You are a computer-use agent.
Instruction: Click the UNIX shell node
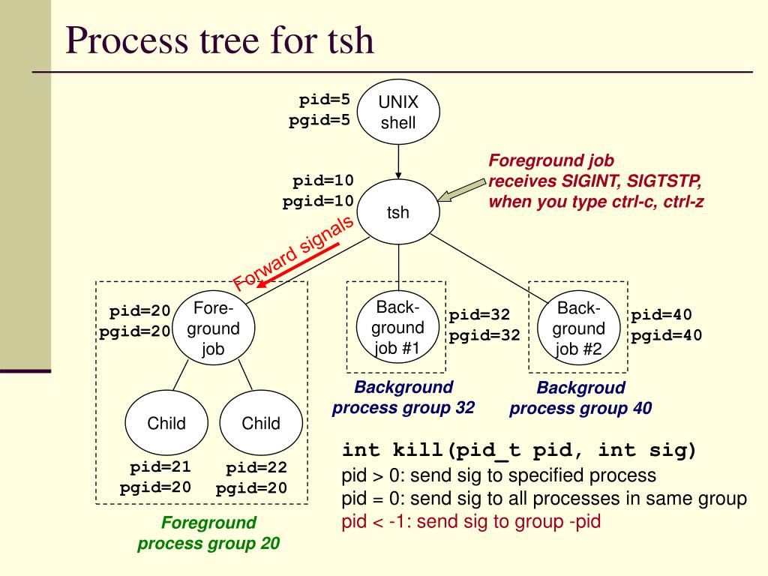pos(398,112)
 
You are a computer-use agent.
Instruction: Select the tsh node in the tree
pos(398,211)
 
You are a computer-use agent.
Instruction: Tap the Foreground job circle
pos(214,328)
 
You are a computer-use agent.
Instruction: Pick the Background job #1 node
pos(397,327)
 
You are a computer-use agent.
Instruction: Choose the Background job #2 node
pos(578,328)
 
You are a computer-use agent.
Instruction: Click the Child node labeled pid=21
pos(166,423)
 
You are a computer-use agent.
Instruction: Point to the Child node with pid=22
pos(261,423)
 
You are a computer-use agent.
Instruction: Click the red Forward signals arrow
pos(298,265)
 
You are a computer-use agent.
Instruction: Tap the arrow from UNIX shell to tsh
pos(398,162)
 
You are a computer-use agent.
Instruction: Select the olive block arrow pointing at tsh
pos(461,190)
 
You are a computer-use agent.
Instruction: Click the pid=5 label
pos(325,100)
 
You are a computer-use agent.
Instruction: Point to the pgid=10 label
pos(318,201)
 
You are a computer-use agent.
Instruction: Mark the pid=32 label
pos(479,314)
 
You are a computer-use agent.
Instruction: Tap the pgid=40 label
pos(666,335)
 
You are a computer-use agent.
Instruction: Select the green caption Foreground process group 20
pos(208,533)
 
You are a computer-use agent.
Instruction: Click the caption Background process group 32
pos(403,397)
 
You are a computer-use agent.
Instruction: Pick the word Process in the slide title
pos(127,40)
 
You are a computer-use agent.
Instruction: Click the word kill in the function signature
pos(418,450)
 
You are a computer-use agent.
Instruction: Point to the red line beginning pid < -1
pos(471,521)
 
